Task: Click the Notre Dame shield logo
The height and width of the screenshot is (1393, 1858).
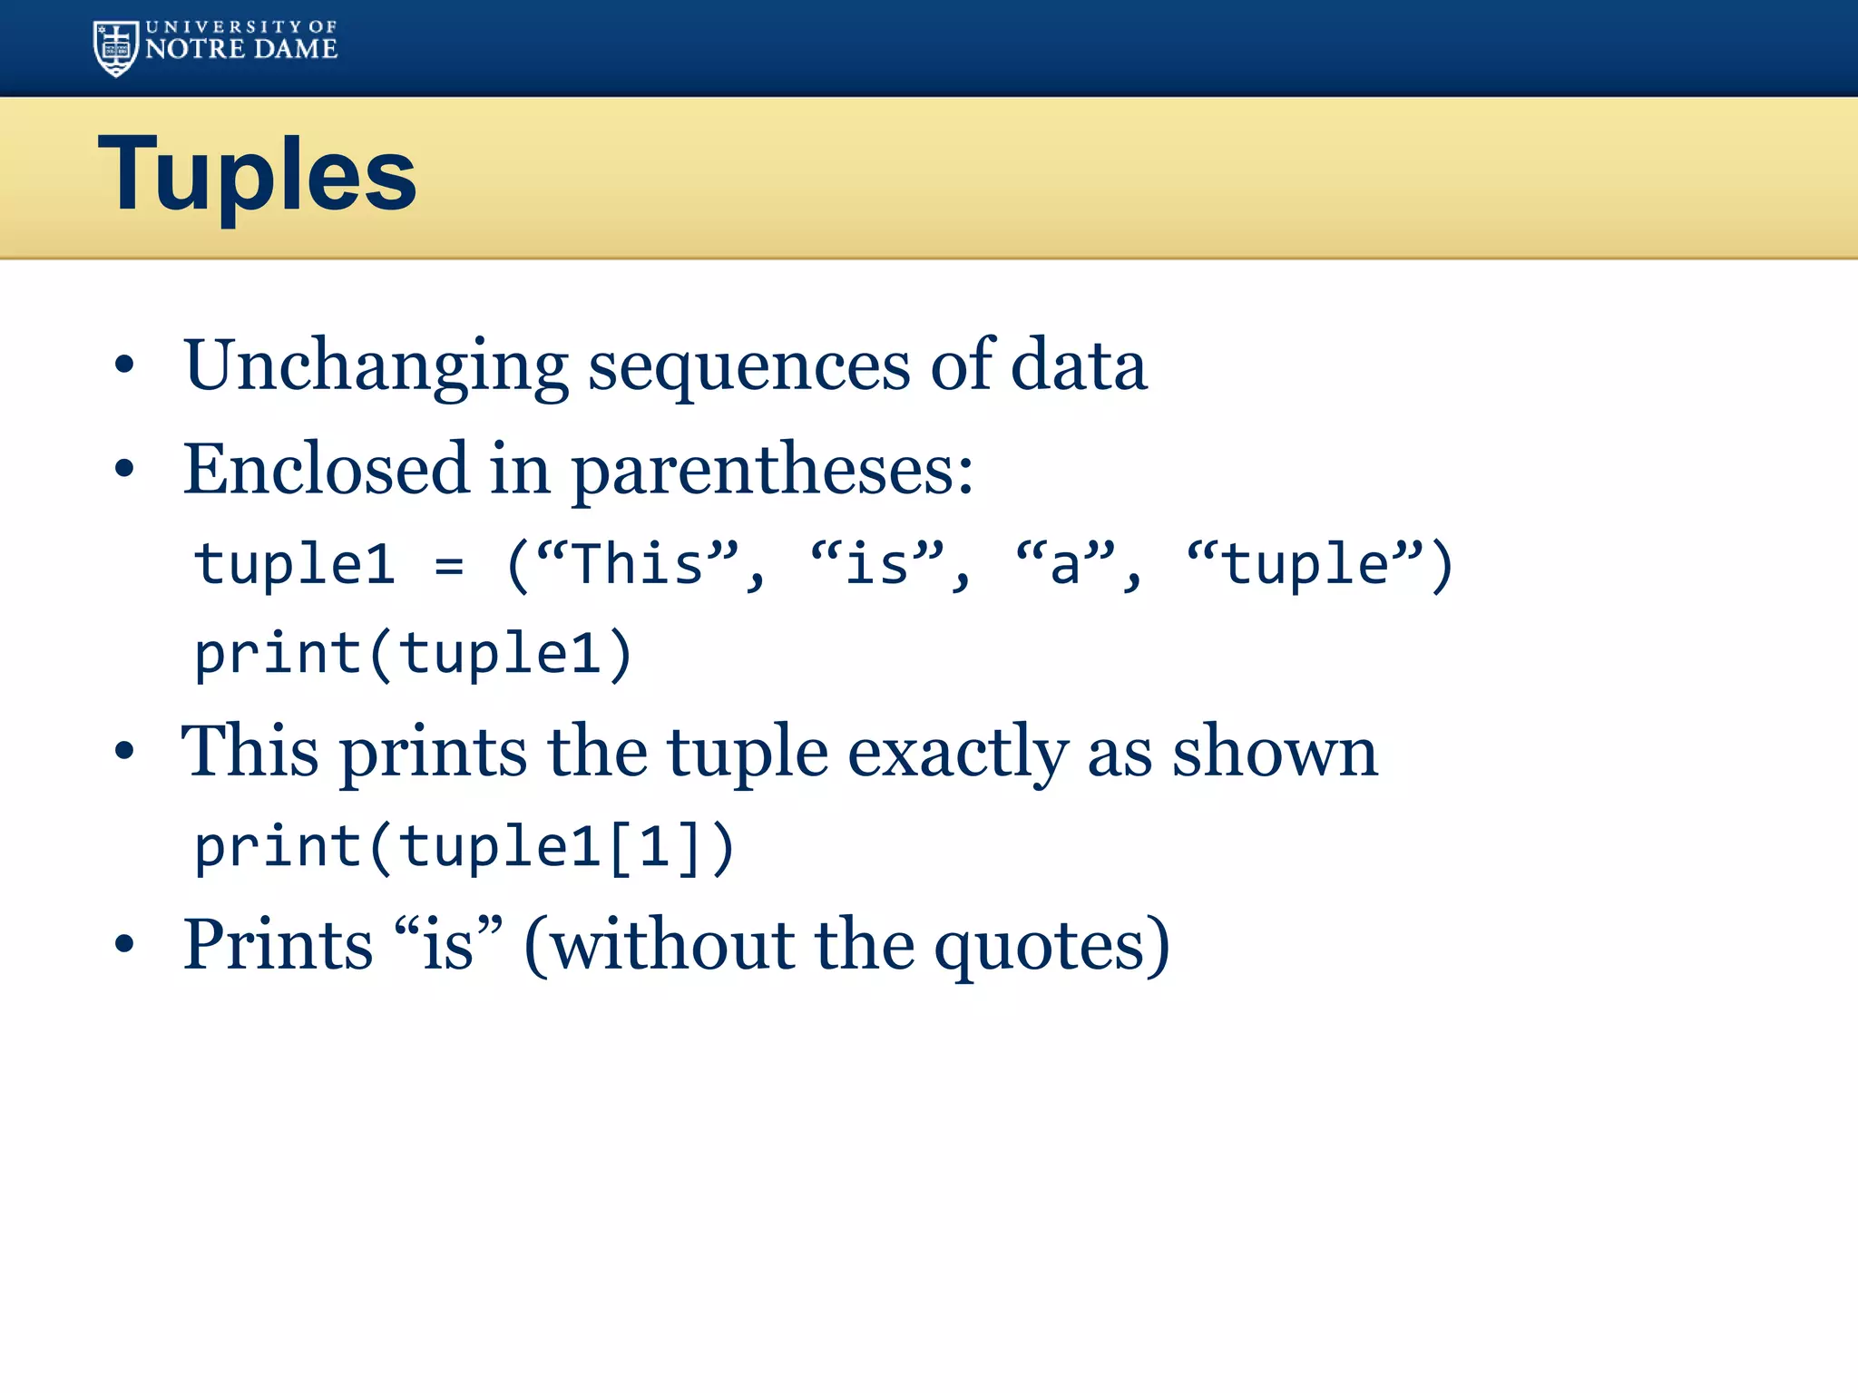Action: tap(116, 48)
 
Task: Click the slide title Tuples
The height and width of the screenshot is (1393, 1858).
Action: tap(257, 173)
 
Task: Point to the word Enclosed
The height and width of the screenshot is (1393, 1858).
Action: tap(326, 469)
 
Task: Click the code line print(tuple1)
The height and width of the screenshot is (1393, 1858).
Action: tap(413, 654)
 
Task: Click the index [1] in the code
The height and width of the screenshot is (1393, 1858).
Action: tap(654, 848)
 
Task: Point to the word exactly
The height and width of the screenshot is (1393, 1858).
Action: tap(956, 753)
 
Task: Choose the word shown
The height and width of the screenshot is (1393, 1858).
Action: tap(1274, 753)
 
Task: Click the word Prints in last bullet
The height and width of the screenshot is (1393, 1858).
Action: tap(278, 945)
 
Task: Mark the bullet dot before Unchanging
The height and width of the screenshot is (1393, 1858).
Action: tap(124, 365)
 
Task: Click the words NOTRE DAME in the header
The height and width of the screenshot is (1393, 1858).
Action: tap(241, 49)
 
